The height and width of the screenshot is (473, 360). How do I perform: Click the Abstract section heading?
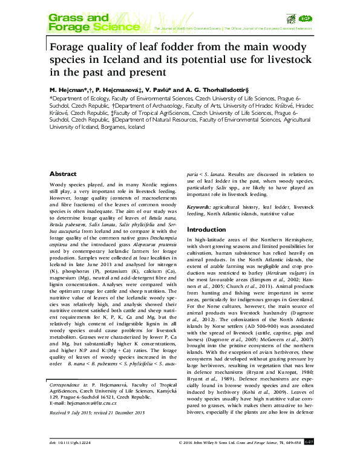point(63,173)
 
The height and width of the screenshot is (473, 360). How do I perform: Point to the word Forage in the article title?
point(70,46)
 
